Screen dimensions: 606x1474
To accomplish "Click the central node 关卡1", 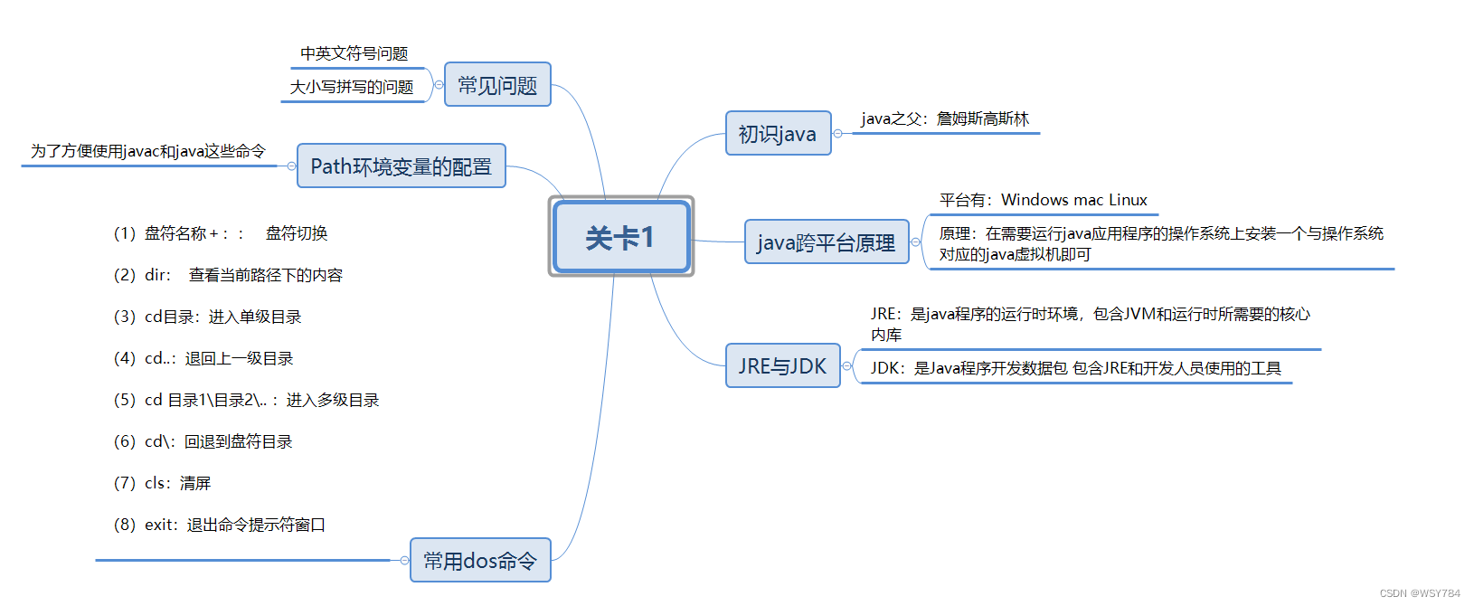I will [621, 237].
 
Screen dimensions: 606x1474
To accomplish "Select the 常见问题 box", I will [497, 85].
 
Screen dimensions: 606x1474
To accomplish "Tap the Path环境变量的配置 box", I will [401, 166].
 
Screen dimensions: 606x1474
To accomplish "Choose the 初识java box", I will [778, 134].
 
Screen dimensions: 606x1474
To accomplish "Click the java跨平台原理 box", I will [826, 242].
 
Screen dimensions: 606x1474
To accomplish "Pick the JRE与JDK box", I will [782, 366].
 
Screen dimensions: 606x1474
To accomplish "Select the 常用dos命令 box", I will [480, 561].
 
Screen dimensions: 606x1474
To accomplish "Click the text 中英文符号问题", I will [354, 54].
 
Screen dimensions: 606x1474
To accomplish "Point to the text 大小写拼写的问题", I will [352, 87].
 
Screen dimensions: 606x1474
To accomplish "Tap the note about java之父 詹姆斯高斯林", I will [945, 119].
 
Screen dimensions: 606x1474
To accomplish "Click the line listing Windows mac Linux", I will [1044, 200].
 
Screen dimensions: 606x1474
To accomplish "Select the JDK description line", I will [1076, 368].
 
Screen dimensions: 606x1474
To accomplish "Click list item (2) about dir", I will [228, 275].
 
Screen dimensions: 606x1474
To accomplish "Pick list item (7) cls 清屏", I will [163, 483].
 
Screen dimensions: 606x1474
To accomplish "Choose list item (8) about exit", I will [220, 525].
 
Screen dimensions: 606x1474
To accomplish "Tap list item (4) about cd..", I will [203, 358].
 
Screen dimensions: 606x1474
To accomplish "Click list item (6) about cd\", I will [203, 441].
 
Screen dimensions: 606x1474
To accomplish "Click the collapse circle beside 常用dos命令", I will [404, 561].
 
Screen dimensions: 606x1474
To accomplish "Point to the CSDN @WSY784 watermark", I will [1420, 593].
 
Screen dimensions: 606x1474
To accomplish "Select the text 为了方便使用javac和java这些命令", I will [148, 151].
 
